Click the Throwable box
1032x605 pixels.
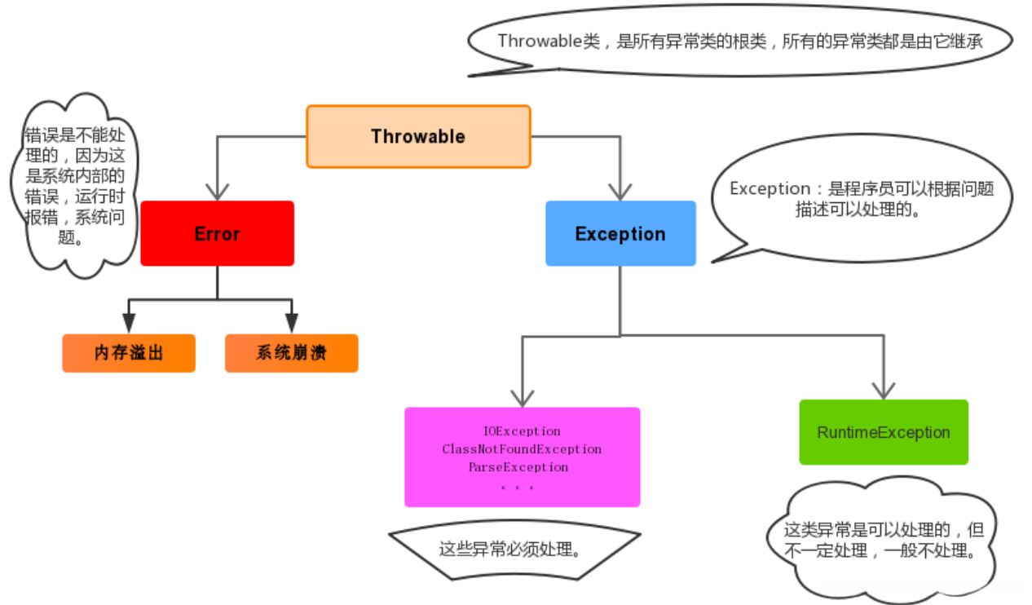pos(418,136)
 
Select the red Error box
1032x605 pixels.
pos(217,233)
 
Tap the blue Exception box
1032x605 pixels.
pos(620,233)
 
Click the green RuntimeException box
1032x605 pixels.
pos(884,432)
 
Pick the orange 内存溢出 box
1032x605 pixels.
pos(129,353)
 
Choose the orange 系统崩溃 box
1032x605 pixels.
pos(291,353)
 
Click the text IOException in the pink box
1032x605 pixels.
pos(522,431)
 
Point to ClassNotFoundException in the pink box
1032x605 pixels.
pos(522,448)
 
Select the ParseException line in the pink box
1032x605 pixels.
pos(518,467)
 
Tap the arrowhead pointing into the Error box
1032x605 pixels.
pos(217,192)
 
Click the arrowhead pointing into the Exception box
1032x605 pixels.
pos(620,192)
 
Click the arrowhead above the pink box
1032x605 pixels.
pos(522,398)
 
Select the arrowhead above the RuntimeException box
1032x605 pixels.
pos(884,390)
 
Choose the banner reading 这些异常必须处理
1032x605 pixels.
pos(514,549)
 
